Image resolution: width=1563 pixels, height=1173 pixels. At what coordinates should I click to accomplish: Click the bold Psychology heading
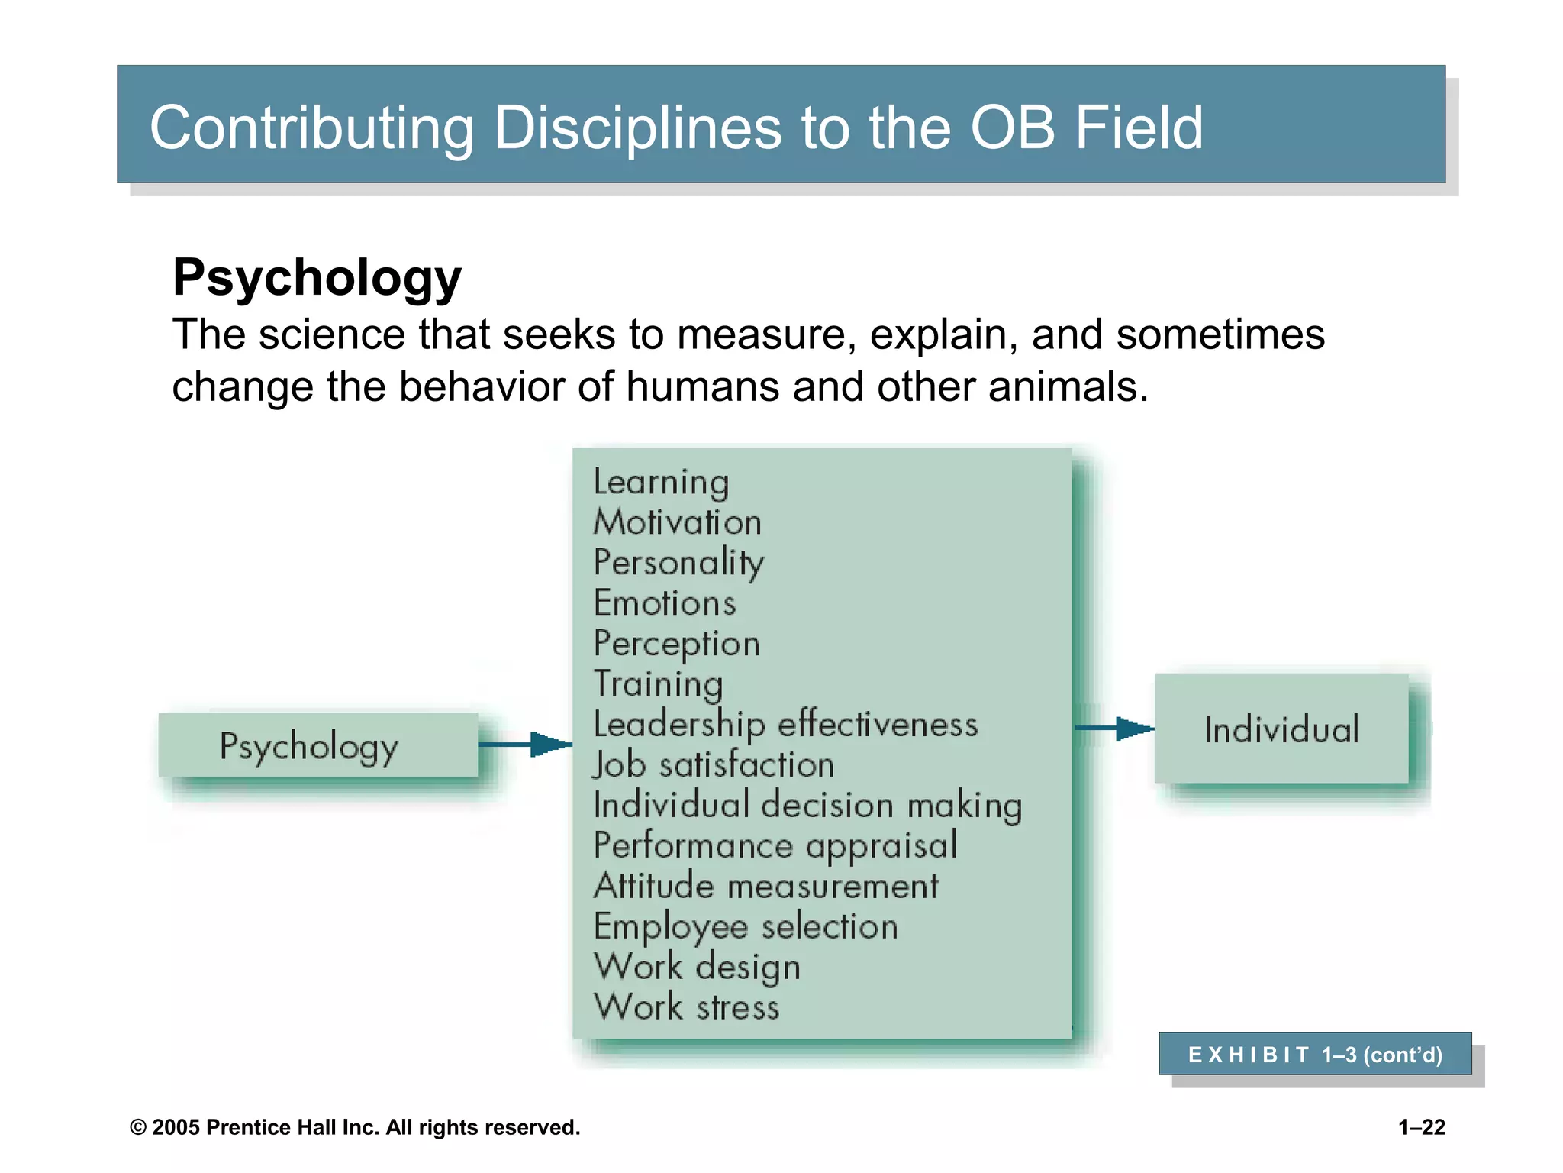point(317,277)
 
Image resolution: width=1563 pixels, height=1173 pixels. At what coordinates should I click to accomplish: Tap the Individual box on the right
point(1281,729)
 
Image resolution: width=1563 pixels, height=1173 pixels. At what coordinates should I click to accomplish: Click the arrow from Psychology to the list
point(525,744)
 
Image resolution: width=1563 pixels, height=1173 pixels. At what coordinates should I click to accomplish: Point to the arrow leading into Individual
point(1113,728)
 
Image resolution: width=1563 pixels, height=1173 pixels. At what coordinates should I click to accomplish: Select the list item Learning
point(661,483)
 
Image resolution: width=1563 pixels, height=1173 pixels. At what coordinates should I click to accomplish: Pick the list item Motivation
point(677,522)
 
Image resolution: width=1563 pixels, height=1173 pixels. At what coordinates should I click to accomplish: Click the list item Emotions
point(665,603)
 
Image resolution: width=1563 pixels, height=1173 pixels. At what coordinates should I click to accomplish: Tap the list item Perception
point(676,644)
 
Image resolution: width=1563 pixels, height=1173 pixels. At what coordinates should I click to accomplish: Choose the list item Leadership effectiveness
point(785,724)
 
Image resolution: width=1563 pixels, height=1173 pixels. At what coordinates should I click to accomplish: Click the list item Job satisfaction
point(714,764)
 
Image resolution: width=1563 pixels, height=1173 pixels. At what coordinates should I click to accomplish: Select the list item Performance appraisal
point(775,845)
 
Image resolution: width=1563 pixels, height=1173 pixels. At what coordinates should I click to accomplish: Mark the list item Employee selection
point(746,926)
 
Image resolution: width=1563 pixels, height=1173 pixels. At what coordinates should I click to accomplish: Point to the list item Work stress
point(686,1007)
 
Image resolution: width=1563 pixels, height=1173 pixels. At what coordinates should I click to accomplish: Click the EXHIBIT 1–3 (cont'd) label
point(1314,1055)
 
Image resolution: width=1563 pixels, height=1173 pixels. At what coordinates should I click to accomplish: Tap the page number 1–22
point(1421,1127)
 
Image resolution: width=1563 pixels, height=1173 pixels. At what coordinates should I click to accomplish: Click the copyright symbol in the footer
point(138,1128)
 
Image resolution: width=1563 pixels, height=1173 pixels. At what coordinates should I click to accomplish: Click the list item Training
point(658,684)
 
